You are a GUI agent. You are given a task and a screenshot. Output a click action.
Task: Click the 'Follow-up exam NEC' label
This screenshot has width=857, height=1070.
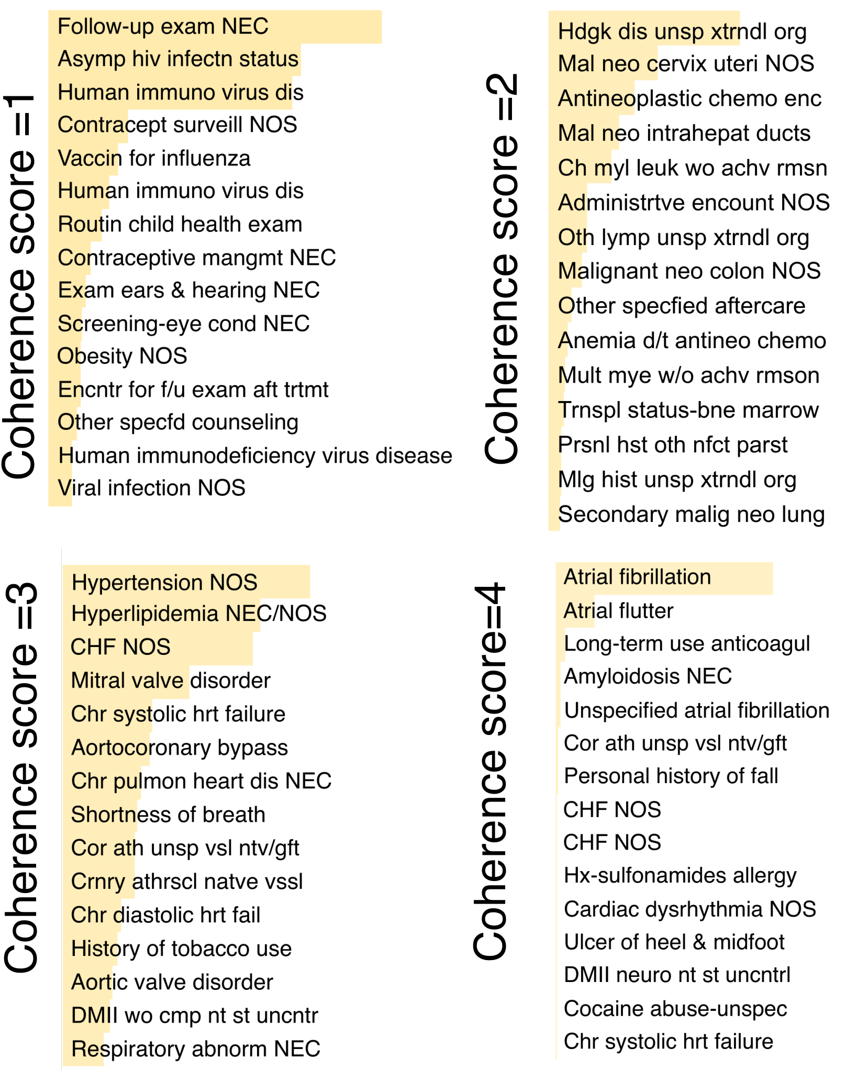click(163, 26)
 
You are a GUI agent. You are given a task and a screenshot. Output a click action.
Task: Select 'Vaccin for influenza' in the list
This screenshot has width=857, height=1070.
click(154, 158)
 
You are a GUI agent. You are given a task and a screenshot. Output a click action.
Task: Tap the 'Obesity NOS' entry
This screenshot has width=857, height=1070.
click(122, 356)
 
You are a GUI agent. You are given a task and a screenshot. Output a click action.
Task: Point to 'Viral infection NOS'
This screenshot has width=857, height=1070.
click(151, 488)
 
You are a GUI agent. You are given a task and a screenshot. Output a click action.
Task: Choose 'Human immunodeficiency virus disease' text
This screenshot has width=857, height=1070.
click(255, 455)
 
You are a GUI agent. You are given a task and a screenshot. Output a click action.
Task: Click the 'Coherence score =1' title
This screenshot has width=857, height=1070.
click(19, 286)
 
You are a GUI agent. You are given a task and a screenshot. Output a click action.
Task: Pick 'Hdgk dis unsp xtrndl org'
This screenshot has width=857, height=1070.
click(682, 32)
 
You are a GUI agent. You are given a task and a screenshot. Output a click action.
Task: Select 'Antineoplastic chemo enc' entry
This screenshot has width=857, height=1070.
click(689, 98)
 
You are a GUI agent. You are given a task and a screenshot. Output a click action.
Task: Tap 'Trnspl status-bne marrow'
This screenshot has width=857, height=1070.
click(688, 410)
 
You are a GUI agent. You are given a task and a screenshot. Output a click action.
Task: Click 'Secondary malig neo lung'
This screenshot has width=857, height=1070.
click(691, 515)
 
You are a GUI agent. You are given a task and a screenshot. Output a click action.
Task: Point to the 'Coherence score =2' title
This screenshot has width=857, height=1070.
click(502, 269)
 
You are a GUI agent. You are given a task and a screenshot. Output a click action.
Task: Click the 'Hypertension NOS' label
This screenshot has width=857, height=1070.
click(164, 582)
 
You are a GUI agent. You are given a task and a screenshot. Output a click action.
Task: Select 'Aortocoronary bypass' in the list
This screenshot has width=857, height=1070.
click(180, 748)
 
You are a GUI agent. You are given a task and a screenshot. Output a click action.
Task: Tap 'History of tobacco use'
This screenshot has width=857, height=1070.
click(181, 949)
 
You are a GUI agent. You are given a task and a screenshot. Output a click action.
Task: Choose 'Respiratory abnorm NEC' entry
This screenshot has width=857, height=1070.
click(196, 1049)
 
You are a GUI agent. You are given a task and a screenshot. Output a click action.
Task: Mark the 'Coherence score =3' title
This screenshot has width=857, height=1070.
click(22, 778)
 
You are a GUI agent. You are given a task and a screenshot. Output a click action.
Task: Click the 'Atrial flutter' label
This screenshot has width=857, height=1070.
click(618, 611)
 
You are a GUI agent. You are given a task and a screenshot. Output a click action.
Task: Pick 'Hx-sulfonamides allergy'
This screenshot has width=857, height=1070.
click(680, 876)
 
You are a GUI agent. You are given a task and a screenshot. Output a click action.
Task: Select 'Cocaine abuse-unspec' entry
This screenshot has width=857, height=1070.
click(675, 1009)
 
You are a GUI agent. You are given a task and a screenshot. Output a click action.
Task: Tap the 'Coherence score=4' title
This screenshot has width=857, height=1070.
click(490, 772)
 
